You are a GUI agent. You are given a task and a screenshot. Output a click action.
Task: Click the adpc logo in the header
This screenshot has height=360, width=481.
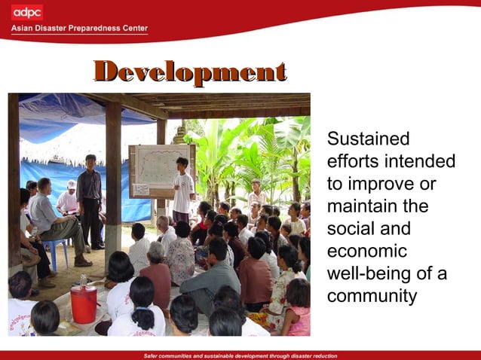pos(27,13)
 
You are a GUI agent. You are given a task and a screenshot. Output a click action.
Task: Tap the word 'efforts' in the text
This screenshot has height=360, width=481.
pos(353,162)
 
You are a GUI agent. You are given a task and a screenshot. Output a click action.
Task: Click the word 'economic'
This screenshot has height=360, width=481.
pos(366,252)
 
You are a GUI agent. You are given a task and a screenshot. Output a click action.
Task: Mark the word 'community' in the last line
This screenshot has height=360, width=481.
pos(372,296)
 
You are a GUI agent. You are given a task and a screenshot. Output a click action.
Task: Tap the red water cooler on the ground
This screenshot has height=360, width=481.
pos(83,304)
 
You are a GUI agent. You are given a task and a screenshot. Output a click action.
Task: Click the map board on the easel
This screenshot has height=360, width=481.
pos(161,170)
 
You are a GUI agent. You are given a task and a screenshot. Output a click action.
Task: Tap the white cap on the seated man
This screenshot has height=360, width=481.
pos(71,184)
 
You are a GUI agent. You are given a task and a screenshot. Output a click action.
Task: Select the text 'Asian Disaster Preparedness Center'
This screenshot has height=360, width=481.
pos(79,29)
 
